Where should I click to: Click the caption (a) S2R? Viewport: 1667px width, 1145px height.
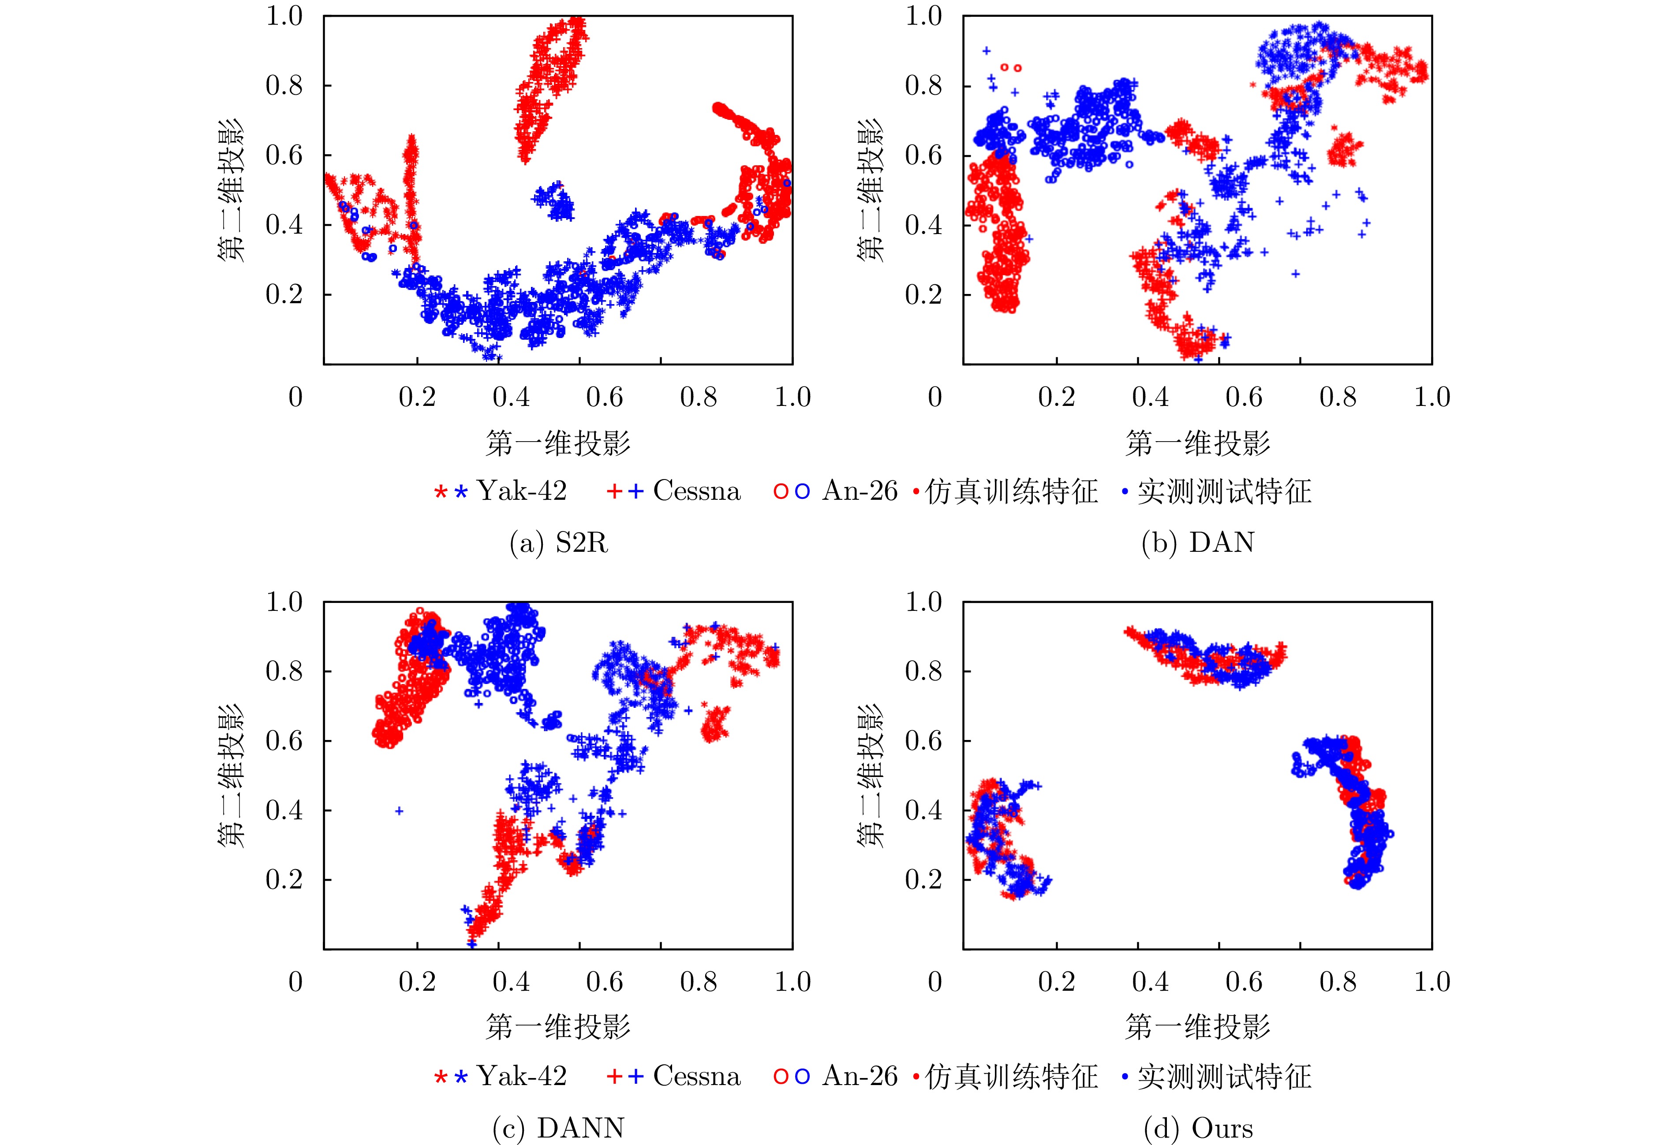coord(559,543)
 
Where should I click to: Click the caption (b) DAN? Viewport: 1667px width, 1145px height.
coord(1197,543)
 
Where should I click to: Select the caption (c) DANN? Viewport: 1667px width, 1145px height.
coord(559,1128)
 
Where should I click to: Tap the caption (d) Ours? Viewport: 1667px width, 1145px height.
coord(1197,1128)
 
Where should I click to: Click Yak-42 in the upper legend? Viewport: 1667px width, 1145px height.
coord(522,491)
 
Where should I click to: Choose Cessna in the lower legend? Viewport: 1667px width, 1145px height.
coord(696,1076)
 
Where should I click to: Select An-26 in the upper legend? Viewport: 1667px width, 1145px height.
coord(860,491)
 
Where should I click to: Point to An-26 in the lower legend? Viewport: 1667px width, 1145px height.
coord(860,1076)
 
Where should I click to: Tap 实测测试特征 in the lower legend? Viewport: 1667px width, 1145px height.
coord(1224,1076)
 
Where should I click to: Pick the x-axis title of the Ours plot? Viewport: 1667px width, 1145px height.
coord(1197,1027)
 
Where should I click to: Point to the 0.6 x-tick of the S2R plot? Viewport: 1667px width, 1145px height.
coord(605,397)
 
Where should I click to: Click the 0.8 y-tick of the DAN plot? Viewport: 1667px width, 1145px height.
coord(923,86)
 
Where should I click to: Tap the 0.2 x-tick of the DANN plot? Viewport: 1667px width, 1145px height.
coord(417,981)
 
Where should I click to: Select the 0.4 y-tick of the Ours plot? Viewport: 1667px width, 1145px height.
coord(923,810)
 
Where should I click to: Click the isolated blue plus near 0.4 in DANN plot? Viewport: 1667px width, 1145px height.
coord(399,810)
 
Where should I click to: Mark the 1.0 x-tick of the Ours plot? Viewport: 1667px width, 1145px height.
coord(1432,981)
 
